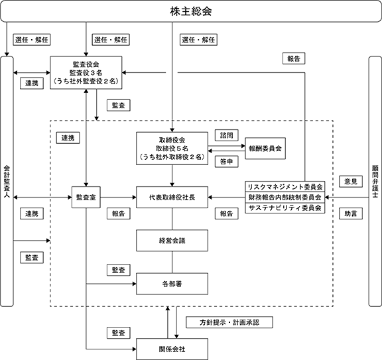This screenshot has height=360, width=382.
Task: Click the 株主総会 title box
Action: coord(191,11)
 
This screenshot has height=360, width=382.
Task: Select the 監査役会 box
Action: coord(86,72)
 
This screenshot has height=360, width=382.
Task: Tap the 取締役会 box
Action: coord(172,149)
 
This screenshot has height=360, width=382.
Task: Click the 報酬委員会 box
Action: coord(265,149)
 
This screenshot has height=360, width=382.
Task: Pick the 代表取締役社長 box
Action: coord(172,198)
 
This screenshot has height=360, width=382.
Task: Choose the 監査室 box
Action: coord(86,198)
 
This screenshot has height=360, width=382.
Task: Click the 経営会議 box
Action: coord(172,241)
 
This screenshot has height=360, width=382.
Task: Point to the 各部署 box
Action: coord(172,284)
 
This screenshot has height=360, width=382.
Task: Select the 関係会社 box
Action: coord(172,349)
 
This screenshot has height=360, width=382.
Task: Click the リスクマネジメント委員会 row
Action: coord(285,187)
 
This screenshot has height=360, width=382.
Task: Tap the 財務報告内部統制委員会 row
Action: coord(285,198)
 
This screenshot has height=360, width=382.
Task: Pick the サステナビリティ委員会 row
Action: coord(285,208)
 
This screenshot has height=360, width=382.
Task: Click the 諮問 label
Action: coord(227,135)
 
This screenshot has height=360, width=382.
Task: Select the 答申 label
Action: coord(227,162)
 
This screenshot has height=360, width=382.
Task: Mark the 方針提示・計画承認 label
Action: coord(229,322)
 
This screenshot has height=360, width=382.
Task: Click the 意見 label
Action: coord(351,182)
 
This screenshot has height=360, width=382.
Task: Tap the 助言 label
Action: coord(351,213)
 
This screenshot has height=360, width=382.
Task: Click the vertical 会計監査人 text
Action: coord(7,182)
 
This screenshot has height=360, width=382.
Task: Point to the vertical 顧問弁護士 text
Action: coord(375,182)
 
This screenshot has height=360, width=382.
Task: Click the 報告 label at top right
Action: coord(294,58)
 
